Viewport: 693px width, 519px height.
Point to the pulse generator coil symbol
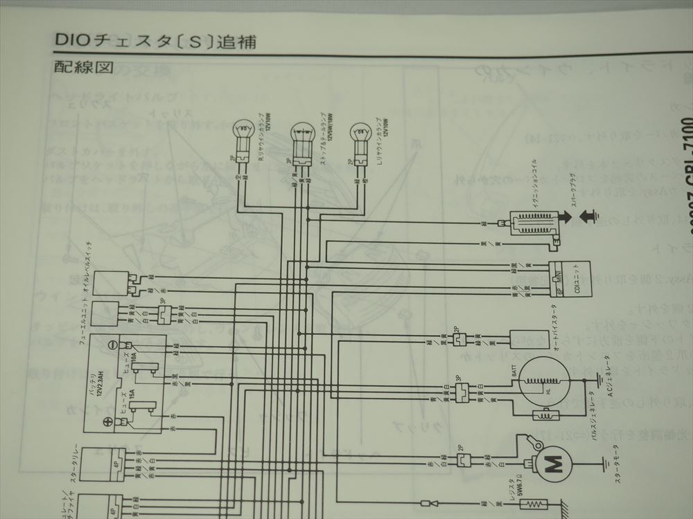click(540, 415)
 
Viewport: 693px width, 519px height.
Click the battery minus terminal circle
click(112, 345)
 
